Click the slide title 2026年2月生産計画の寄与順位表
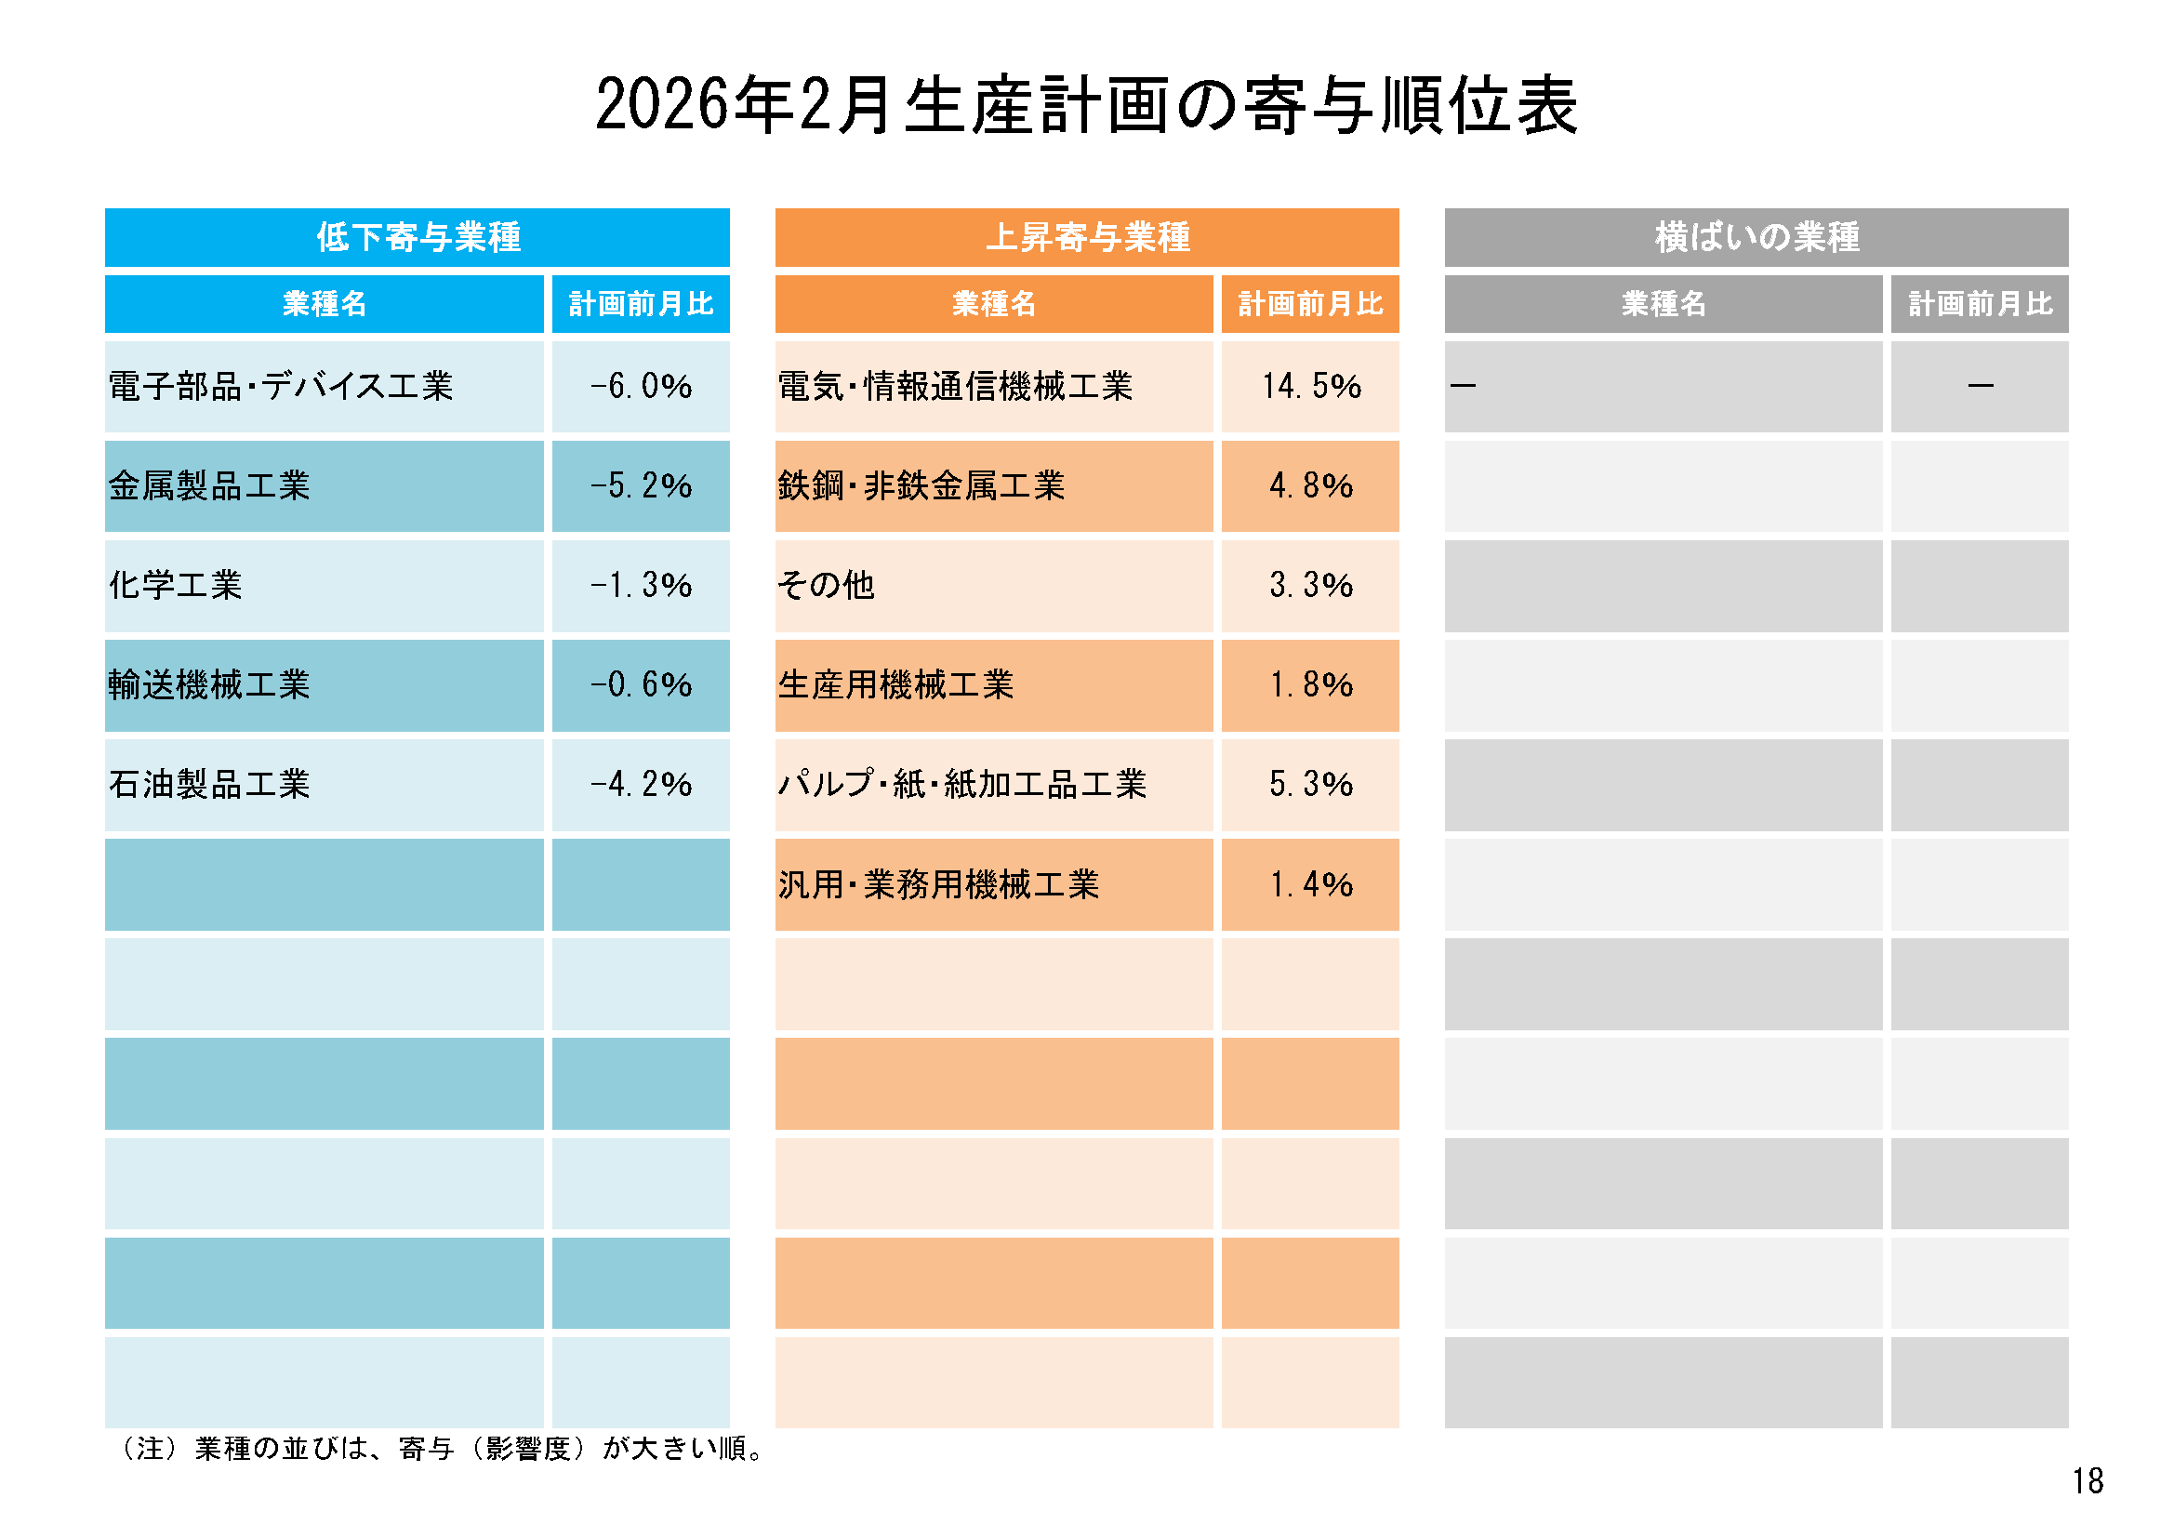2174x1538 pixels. (x=1086, y=104)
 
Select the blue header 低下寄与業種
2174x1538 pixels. (x=418, y=237)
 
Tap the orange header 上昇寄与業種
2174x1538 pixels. (x=1087, y=237)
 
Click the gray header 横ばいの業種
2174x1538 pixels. (x=1756, y=237)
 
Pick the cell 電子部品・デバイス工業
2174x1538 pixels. (x=281, y=387)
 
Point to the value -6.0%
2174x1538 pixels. (x=641, y=387)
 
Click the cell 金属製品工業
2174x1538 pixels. (x=209, y=485)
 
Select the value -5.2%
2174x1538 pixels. (x=641, y=485)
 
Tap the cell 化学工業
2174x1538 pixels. (x=176, y=585)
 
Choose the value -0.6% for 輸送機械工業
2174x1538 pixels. (x=641, y=684)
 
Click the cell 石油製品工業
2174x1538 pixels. (x=209, y=784)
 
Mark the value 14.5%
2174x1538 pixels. (x=1310, y=387)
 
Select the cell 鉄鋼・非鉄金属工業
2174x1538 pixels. (x=921, y=485)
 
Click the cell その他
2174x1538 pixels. (x=826, y=585)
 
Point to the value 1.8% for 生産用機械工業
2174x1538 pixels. (x=1310, y=684)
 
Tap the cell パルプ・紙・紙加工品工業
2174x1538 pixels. (x=962, y=784)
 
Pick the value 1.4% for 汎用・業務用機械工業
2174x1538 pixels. (x=1310, y=884)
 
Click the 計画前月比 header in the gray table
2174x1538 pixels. (x=1980, y=304)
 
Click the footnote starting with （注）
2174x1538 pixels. (x=442, y=1449)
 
